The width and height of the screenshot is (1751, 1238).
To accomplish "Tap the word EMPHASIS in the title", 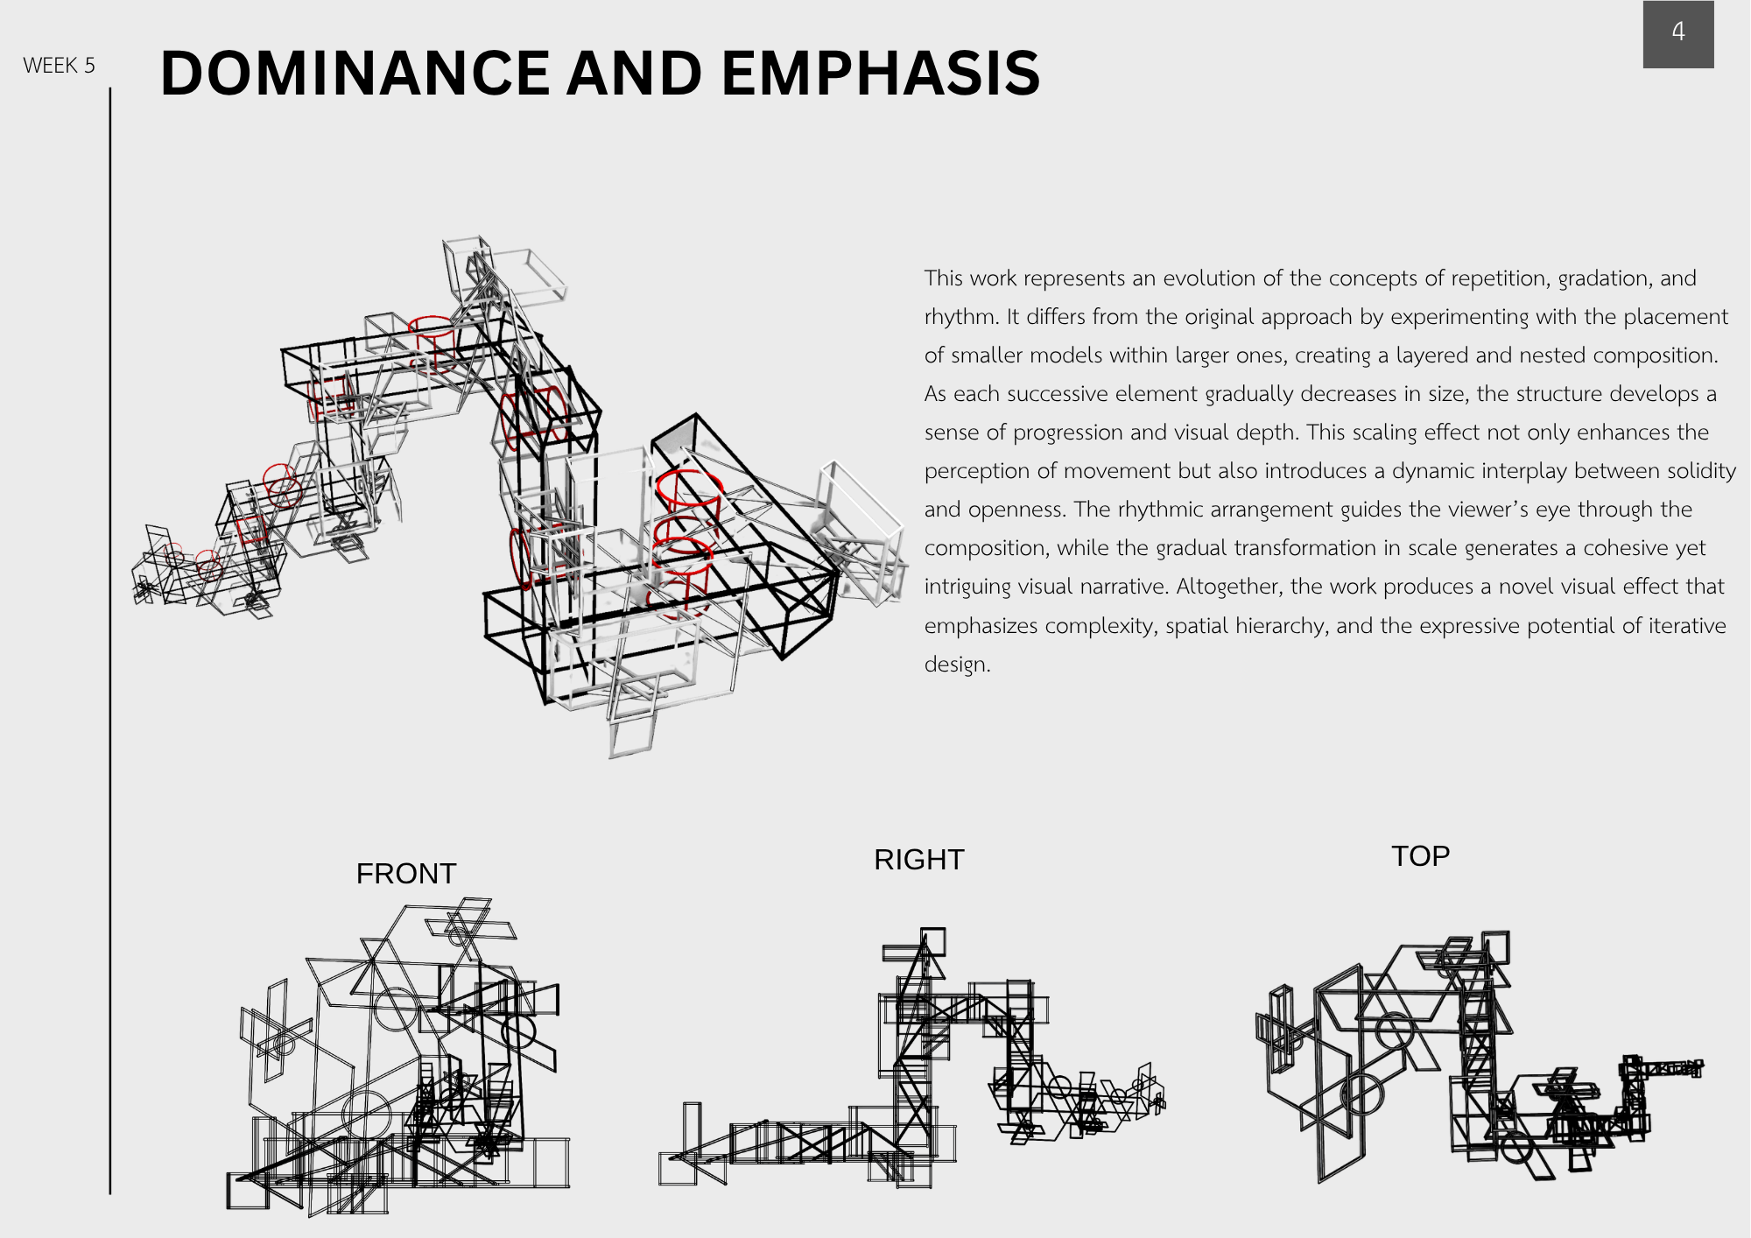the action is [x=881, y=73].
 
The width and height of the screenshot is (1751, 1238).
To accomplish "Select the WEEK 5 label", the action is [x=59, y=66].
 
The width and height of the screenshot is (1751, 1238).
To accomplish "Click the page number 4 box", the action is [x=1678, y=33].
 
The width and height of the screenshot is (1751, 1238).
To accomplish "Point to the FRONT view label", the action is [x=406, y=873].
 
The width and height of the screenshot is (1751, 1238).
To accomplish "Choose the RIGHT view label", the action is [x=919, y=859].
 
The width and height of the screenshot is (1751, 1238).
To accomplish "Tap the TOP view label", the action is [x=1421, y=855].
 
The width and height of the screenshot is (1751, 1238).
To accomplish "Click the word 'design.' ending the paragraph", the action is [x=957, y=664].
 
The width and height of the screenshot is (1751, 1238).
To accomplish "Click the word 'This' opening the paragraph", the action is [x=944, y=278].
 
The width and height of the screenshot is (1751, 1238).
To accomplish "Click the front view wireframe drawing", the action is [x=398, y=1056].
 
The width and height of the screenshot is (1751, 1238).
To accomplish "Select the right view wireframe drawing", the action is [x=911, y=1059].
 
